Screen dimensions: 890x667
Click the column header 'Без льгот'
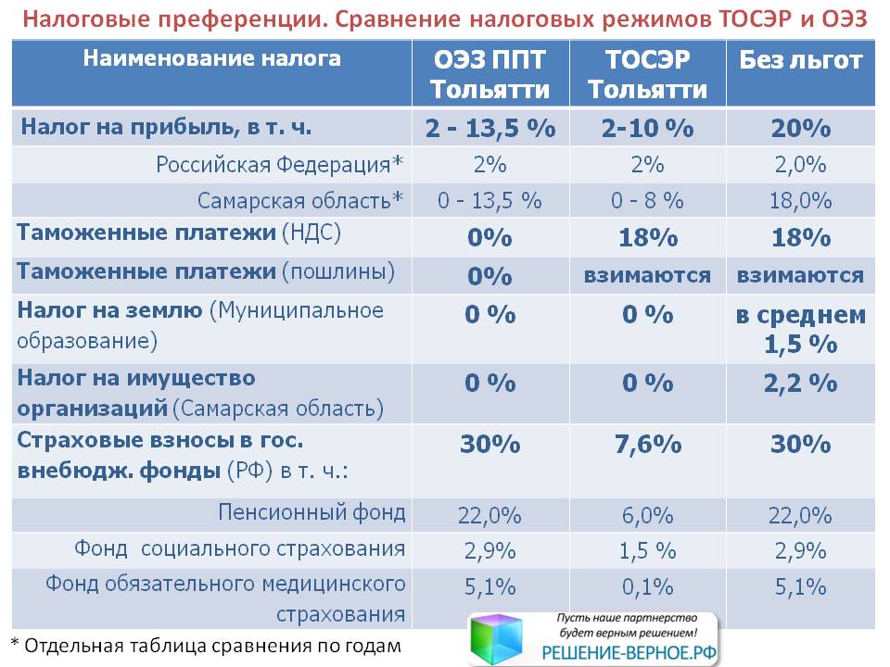tap(800, 60)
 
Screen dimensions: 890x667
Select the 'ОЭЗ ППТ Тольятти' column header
tap(489, 74)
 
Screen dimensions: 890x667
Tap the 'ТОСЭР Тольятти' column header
tap(648, 74)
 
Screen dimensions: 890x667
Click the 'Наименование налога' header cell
tap(211, 58)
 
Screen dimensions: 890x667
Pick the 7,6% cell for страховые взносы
tap(648, 445)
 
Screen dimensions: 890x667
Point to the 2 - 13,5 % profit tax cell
tap(490, 128)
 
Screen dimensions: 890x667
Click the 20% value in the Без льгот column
tap(801, 128)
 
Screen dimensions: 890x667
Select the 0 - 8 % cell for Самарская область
tap(647, 200)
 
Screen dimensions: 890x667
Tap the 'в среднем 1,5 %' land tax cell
tap(800, 330)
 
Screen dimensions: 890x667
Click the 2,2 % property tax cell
tap(800, 384)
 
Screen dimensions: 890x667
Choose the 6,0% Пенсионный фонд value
tap(648, 516)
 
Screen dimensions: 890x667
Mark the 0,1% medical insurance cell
tap(648, 587)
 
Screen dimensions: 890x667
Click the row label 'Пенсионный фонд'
tap(311, 512)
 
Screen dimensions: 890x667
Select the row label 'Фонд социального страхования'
tap(239, 549)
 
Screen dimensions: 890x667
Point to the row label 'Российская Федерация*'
tap(279, 165)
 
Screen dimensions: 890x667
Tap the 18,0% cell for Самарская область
tap(800, 200)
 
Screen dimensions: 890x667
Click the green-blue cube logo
tap(496, 638)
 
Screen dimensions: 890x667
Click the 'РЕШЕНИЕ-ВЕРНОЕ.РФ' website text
tap(629, 653)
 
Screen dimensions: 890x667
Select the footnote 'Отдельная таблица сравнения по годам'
tap(212, 646)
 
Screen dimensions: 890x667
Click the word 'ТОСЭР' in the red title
tap(755, 19)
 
